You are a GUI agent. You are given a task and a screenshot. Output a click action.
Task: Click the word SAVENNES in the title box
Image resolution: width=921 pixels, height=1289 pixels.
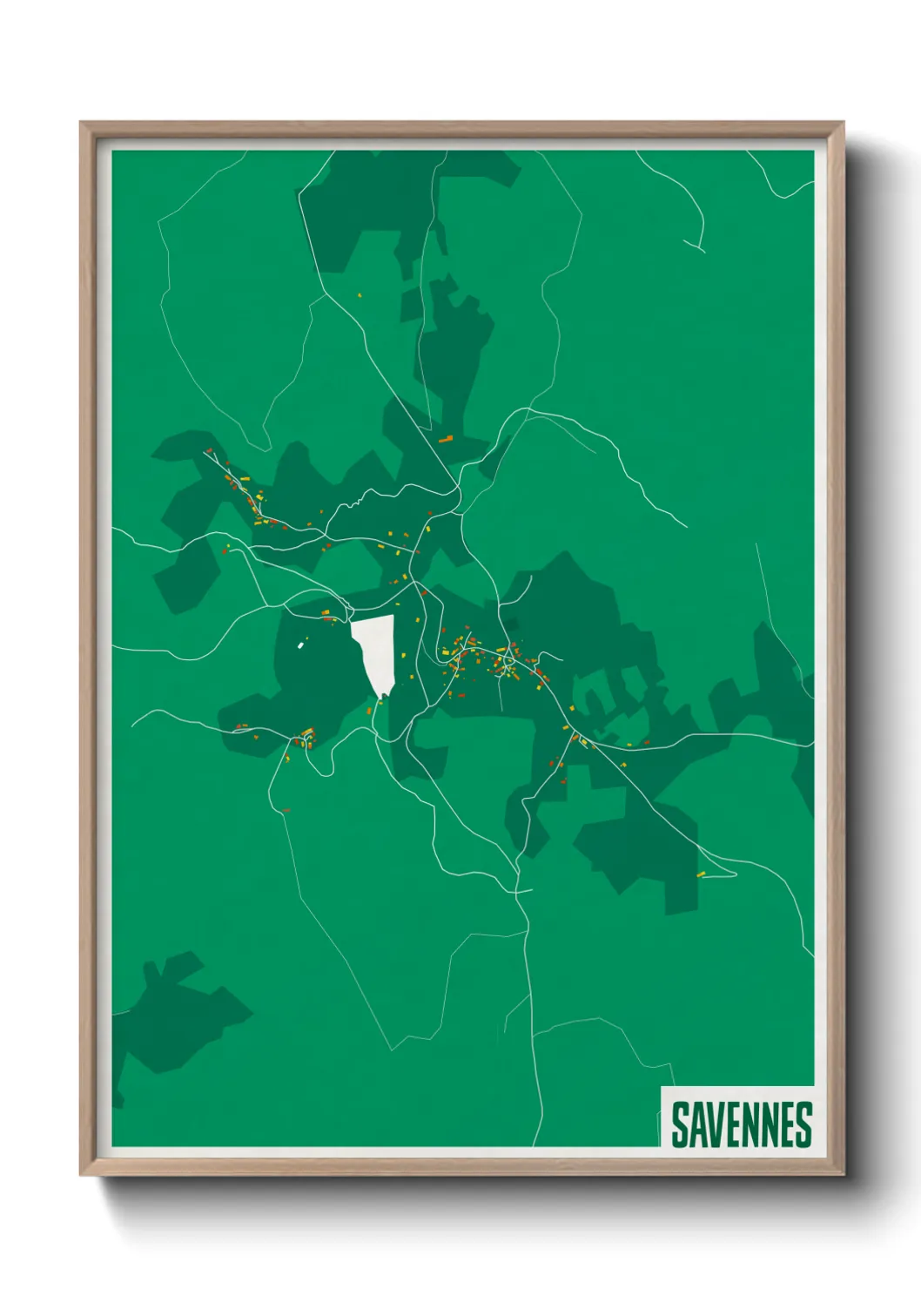pos(741,1124)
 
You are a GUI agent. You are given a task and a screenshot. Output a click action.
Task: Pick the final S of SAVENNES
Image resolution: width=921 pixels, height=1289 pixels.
pos(803,1124)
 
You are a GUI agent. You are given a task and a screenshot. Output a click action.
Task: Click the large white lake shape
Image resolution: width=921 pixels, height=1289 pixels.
pos(375,648)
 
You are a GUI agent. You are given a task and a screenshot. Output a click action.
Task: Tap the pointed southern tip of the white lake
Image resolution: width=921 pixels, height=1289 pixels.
pos(380,697)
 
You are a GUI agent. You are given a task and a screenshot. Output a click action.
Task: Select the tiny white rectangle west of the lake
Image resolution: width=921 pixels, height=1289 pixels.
pos(301,644)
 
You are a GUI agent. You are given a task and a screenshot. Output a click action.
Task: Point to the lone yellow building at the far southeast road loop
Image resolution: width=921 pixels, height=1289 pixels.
pos(701,874)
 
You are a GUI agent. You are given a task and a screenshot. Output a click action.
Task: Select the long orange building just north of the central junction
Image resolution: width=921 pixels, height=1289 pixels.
pos(447,439)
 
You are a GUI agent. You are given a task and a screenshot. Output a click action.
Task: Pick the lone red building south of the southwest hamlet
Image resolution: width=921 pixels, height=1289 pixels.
pos(286,811)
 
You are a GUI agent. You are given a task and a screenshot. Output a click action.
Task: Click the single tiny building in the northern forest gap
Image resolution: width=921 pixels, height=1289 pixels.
pos(359,295)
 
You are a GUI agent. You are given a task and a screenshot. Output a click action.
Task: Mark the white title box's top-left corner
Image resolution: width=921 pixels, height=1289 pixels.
pos(662,1087)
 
